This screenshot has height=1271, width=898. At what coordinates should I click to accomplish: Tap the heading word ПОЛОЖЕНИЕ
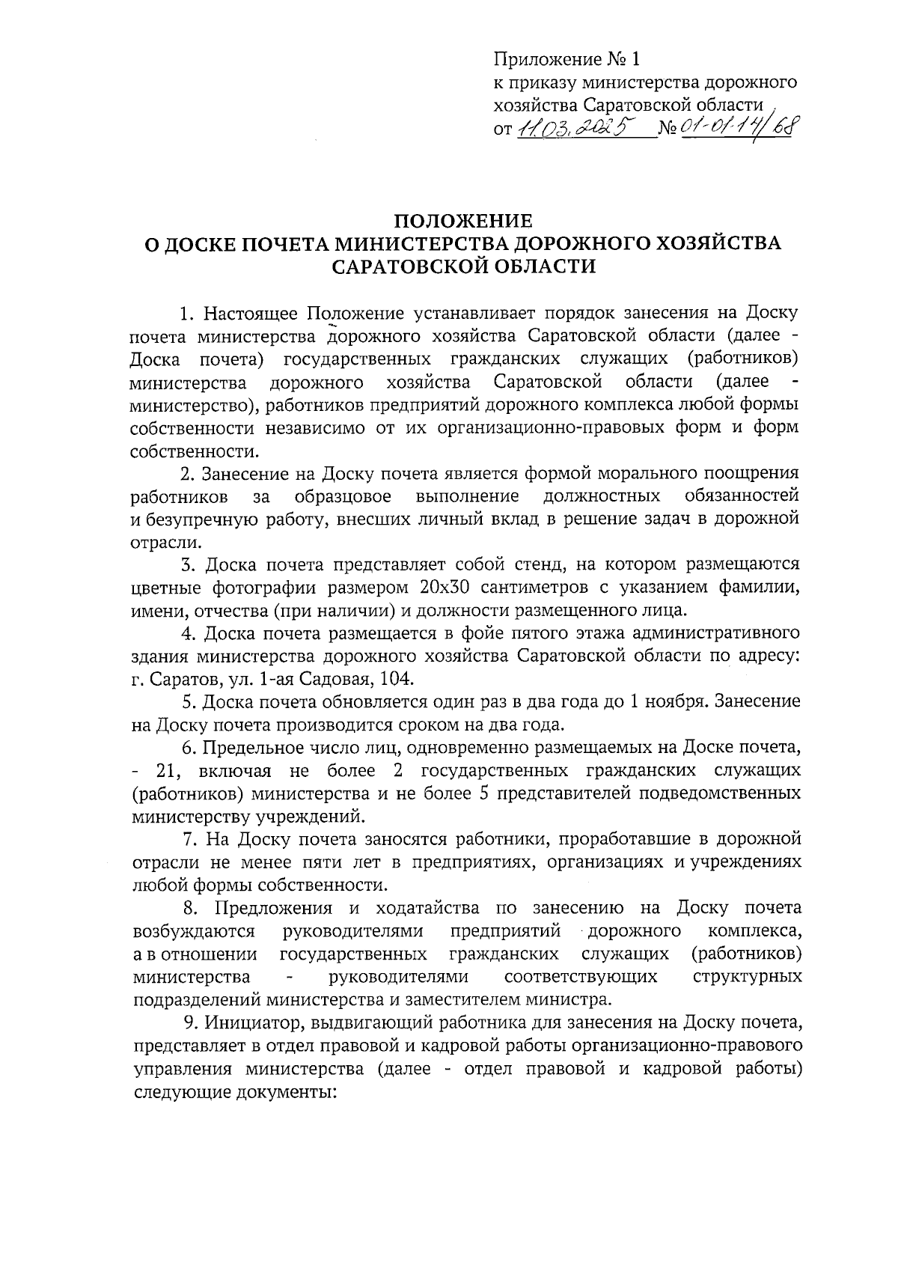point(463,222)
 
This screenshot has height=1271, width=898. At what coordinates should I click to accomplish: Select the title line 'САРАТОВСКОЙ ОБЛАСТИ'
point(464,266)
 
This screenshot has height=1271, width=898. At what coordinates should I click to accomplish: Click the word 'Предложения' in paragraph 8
point(274,908)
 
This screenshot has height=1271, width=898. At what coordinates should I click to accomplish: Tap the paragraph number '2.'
point(189,473)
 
